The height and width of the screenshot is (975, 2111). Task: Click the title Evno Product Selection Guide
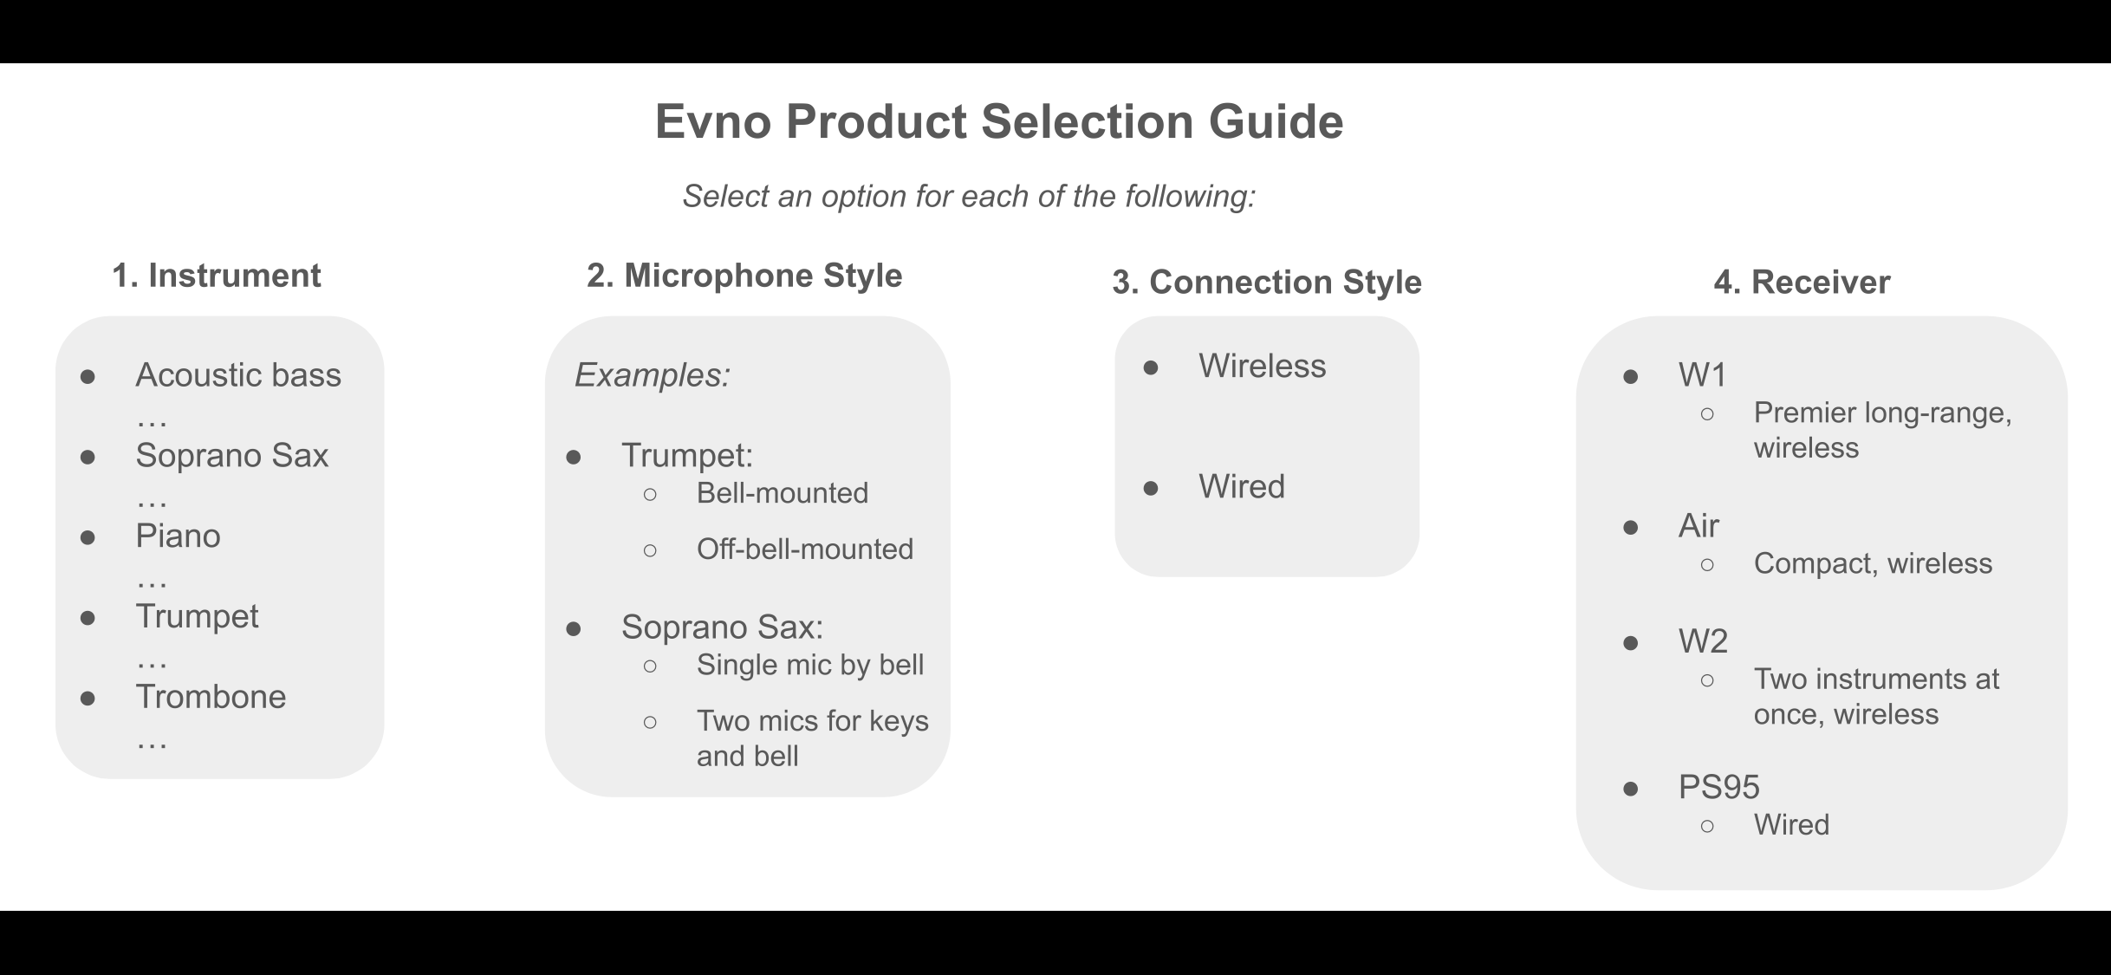[x=999, y=121]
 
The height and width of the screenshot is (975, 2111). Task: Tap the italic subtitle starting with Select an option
[x=969, y=197]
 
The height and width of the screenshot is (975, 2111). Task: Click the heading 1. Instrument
[x=217, y=276]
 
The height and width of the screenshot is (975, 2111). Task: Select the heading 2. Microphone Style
[x=744, y=276]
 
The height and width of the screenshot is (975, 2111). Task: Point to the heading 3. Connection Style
[x=1267, y=283]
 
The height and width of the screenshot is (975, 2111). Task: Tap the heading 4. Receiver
[x=1802, y=283]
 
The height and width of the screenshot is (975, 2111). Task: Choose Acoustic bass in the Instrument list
[x=238, y=375]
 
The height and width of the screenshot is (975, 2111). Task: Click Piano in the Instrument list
[x=178, y=536]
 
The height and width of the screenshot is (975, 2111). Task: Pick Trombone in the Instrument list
[x=211, y=697]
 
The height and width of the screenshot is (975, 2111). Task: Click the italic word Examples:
[x=653, y=375]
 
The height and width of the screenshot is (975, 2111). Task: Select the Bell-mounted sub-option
[x=783, y=493]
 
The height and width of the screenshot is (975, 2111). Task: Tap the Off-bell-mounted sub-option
[x=805, y=549]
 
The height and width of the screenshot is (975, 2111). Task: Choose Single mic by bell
[x=810, y=665]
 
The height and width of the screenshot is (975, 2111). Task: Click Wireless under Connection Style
[x=1262, y=367]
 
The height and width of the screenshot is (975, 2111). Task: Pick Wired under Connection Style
[x=1242, y=487]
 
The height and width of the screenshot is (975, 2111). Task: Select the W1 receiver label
[x=1703, y=375]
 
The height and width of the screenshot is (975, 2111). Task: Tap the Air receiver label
[x=1699, y=526]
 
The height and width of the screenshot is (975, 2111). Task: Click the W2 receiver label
[x=1703, y=641]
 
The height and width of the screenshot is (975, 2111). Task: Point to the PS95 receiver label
[x=1719, y=787]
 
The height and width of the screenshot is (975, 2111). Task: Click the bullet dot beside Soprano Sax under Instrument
[x=88, y=457]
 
